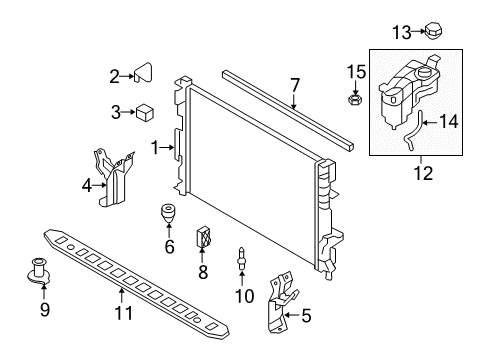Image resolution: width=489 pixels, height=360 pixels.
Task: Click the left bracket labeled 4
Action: (x=114, y=177)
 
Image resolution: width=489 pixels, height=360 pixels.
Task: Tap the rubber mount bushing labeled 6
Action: (x=167, y=214)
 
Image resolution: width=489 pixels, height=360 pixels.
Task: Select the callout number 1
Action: (x=156, y=148)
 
